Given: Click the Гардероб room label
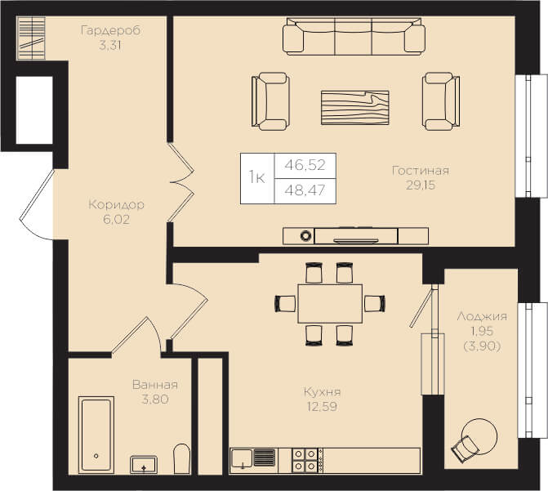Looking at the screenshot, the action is pyautogui.click(x=110, y=31).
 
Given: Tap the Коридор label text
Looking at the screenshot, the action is pyautogui.click(x=116, y=204).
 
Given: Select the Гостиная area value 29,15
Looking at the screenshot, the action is pyautogui.click(x=421, y=185).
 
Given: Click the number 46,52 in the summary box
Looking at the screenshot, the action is pyautogui.click(x=305, y=165).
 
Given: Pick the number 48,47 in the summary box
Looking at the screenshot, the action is pyautogui.click(x=305, y=190).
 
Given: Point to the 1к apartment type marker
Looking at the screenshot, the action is pyautogui.click(x=257, y=177).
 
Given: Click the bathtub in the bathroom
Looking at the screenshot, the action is pyautogui.click(x=96, y=435).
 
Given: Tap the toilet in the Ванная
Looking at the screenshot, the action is pyautogui.click(x=182, y=459).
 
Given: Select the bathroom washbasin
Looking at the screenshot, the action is pyautogui.click(x=144, y=465).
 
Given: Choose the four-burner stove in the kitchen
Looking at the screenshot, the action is pyautogui.click(x=305, y=460).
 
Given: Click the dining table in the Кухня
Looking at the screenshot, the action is pyautogui.click(x=330, y=304).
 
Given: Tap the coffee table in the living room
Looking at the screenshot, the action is pyautogui.click(x=355, y=108).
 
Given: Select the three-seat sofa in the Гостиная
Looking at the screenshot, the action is pyautogui.click(x=354, y=37).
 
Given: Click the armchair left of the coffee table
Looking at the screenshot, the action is pyautogui.click(x=271, y=101).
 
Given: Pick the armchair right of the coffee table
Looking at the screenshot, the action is pyautogui.click(x=441, y=101).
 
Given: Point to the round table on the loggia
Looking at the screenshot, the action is pyautogui.click(x=479, y=436).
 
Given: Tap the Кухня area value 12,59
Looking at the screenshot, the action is pyautogui.click(x=322, y=407).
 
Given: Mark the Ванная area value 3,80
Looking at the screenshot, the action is pyautogui.click(x=155, y=399).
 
